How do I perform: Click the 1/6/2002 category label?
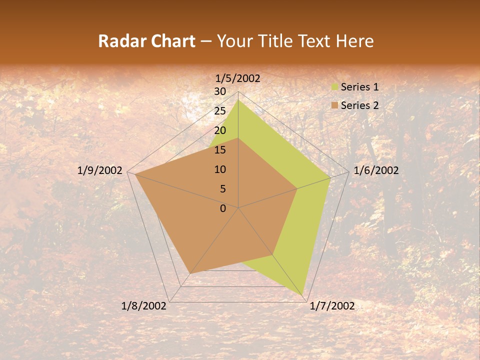coord(376,170)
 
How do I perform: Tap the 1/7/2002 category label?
coord(332,306)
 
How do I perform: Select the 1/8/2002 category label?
coord(144,306)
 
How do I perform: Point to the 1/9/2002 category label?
coord(100,170)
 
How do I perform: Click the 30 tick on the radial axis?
coord(220,91)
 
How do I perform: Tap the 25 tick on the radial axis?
coord(220,111)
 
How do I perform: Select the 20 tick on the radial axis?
coord(220,130)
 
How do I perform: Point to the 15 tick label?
coord(220,150)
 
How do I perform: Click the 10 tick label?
coord(220,169)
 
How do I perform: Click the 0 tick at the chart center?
coord(223,208)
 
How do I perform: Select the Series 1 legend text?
coord(359,87)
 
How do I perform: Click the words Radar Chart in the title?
coord(146,41)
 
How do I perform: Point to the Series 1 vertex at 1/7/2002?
coord(303,294)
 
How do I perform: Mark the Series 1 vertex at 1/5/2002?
coord(238,100)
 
